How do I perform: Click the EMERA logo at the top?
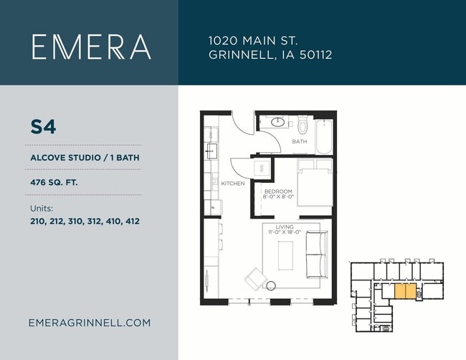tap(92, 47)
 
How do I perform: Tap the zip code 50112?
tap(315, 55)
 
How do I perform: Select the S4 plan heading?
tap(43, 127)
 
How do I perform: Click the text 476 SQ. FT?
tap(54, 182)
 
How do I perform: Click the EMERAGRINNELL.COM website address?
tap(90, 323)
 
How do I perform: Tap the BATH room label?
tap(300, 141)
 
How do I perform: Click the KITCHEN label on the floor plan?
tap(233, 184)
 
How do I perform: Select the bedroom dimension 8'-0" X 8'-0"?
tap(278, 196)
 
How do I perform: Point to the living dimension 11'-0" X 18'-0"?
tap(285, 232)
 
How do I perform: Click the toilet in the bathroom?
tap(303, 125)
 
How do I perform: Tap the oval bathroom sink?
tap(278, 122)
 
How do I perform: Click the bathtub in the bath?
tap(323, 136)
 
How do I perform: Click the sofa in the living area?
tap(317, 255)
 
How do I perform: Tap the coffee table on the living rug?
tap(285, 255)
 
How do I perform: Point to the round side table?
tap(271, 285)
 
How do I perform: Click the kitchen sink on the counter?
tap(212, 151)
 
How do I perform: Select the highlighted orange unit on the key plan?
tap(405, 291)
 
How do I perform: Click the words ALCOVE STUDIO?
tap(66, 158)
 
